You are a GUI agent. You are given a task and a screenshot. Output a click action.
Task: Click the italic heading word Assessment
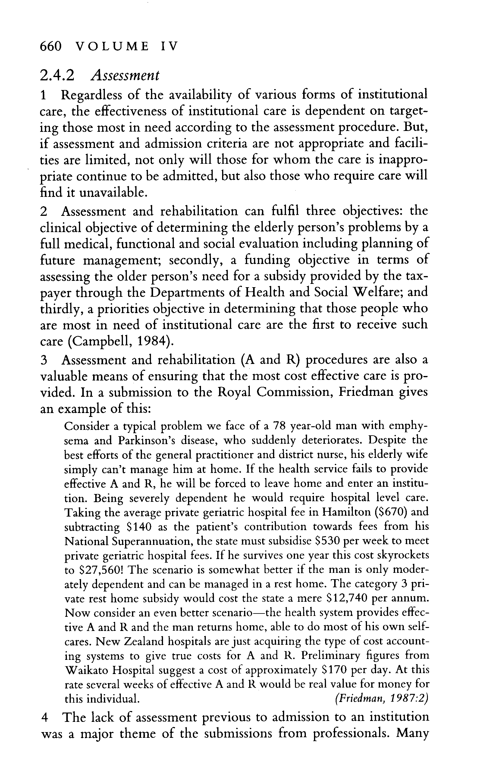(x=125, y=75)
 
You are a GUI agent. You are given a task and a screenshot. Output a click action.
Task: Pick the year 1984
(x=150, y=341)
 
